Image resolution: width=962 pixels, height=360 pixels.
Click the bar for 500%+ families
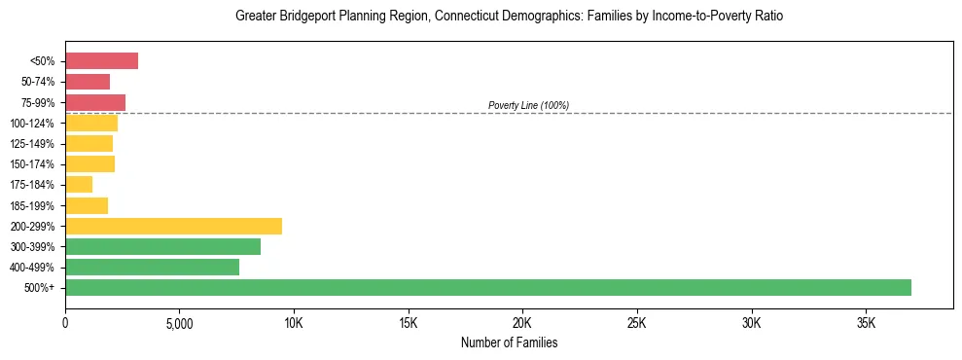(x=487, y=287)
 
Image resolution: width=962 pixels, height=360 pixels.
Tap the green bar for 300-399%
(x=162, y=246)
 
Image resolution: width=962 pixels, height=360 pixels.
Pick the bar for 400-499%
(x=152, y=267)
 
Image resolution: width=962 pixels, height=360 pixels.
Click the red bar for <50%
(x=101, y=61)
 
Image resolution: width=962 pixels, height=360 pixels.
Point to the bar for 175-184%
(x=79, y=185)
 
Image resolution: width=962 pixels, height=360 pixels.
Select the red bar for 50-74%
(x=88, y=82)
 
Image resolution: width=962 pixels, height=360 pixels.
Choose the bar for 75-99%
(x=95, y=102)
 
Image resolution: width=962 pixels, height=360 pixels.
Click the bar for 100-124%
(x=91, y=123)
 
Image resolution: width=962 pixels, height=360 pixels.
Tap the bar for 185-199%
(x=87, y=205)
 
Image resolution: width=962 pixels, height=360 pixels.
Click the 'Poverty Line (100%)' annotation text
(x=528, y=105)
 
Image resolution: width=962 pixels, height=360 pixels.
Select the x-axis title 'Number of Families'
(x=509, y=342)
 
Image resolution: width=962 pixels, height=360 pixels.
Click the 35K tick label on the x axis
(x=866, y=323)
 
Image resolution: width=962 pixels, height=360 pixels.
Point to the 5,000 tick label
(x=180, y=323)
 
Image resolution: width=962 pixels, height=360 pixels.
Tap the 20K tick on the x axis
(x=522, y=323)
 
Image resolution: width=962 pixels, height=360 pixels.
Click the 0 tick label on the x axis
(x=65, y=323)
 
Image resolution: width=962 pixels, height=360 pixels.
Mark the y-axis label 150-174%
(x=32, y=164)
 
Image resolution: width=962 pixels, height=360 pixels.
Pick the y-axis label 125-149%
(x=32, y=144)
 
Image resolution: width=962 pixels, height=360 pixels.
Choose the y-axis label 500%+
(x=39, y=288)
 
